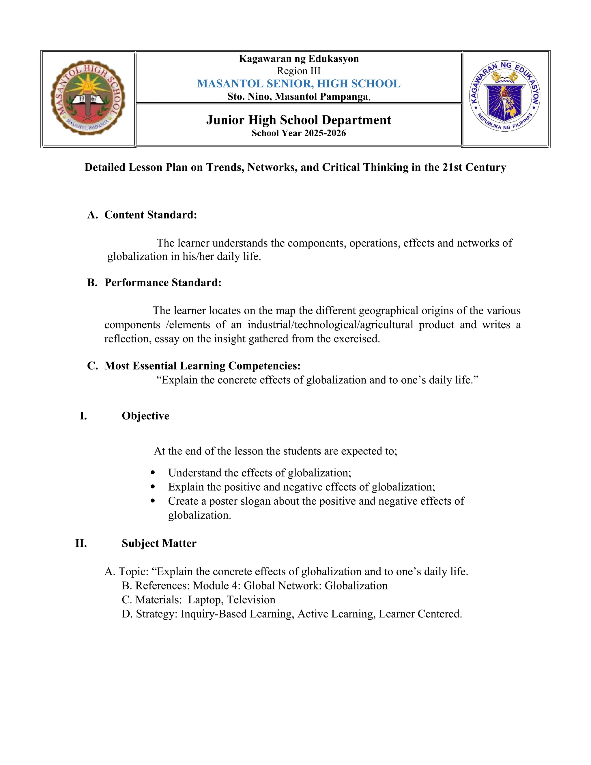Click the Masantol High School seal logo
pos(88,97)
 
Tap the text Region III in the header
pos(298,71)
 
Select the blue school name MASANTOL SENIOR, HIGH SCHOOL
pos(298,84)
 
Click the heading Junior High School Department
pos(298,120)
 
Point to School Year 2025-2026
pos(298,133)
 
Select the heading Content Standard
pos(151,215)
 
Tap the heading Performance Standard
pos(163,283)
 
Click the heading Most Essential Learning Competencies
pos(202,366)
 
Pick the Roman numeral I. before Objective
pos(83,416)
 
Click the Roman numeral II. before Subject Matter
pos(81,543)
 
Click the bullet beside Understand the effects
pos(152,473)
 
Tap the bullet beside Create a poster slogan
pos(152,501)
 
